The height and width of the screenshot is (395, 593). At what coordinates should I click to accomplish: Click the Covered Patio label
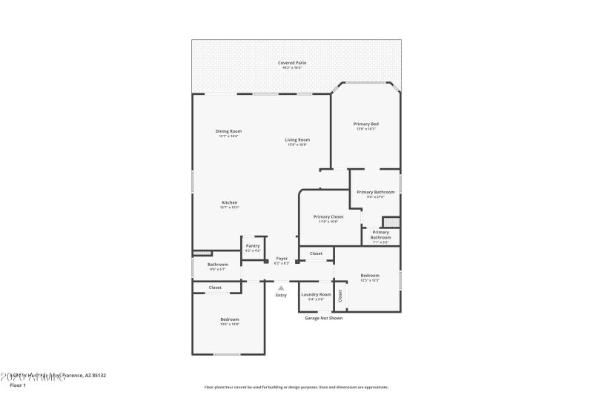tap(292, 63)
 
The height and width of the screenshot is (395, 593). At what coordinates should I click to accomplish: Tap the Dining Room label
tap(229, 131)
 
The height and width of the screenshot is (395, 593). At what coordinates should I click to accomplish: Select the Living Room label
tap(298, 139)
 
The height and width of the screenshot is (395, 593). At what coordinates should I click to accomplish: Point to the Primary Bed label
tap(366, 124)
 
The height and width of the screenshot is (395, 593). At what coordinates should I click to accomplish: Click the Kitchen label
tap(229, 202)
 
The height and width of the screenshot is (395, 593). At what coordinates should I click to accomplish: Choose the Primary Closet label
tap(328, 216)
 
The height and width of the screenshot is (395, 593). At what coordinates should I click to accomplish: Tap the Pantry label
tap(253, 245)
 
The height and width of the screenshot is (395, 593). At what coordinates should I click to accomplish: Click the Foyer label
tap(282, 259)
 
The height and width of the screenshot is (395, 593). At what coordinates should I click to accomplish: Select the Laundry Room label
tap(316, 294)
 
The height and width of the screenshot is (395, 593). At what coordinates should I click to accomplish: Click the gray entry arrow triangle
tap(281, 288)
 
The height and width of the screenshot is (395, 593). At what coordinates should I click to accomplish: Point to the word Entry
tap(281, 295)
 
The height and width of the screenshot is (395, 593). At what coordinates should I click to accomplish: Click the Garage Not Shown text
tap(323, 318)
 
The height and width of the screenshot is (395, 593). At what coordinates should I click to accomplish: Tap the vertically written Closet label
tap(339, 296)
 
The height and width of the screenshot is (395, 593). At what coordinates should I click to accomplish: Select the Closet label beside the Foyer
tap(316, 253)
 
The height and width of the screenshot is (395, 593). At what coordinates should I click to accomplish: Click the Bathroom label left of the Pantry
tap(218, 265)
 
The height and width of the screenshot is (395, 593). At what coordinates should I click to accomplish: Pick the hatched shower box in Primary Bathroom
tap(390, 222)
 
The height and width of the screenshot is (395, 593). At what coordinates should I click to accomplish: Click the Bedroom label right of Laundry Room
tap(370, 275)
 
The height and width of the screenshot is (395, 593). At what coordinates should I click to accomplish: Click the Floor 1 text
tap(17, 385)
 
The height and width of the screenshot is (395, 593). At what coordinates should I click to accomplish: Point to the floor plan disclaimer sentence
tap(296, 387)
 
